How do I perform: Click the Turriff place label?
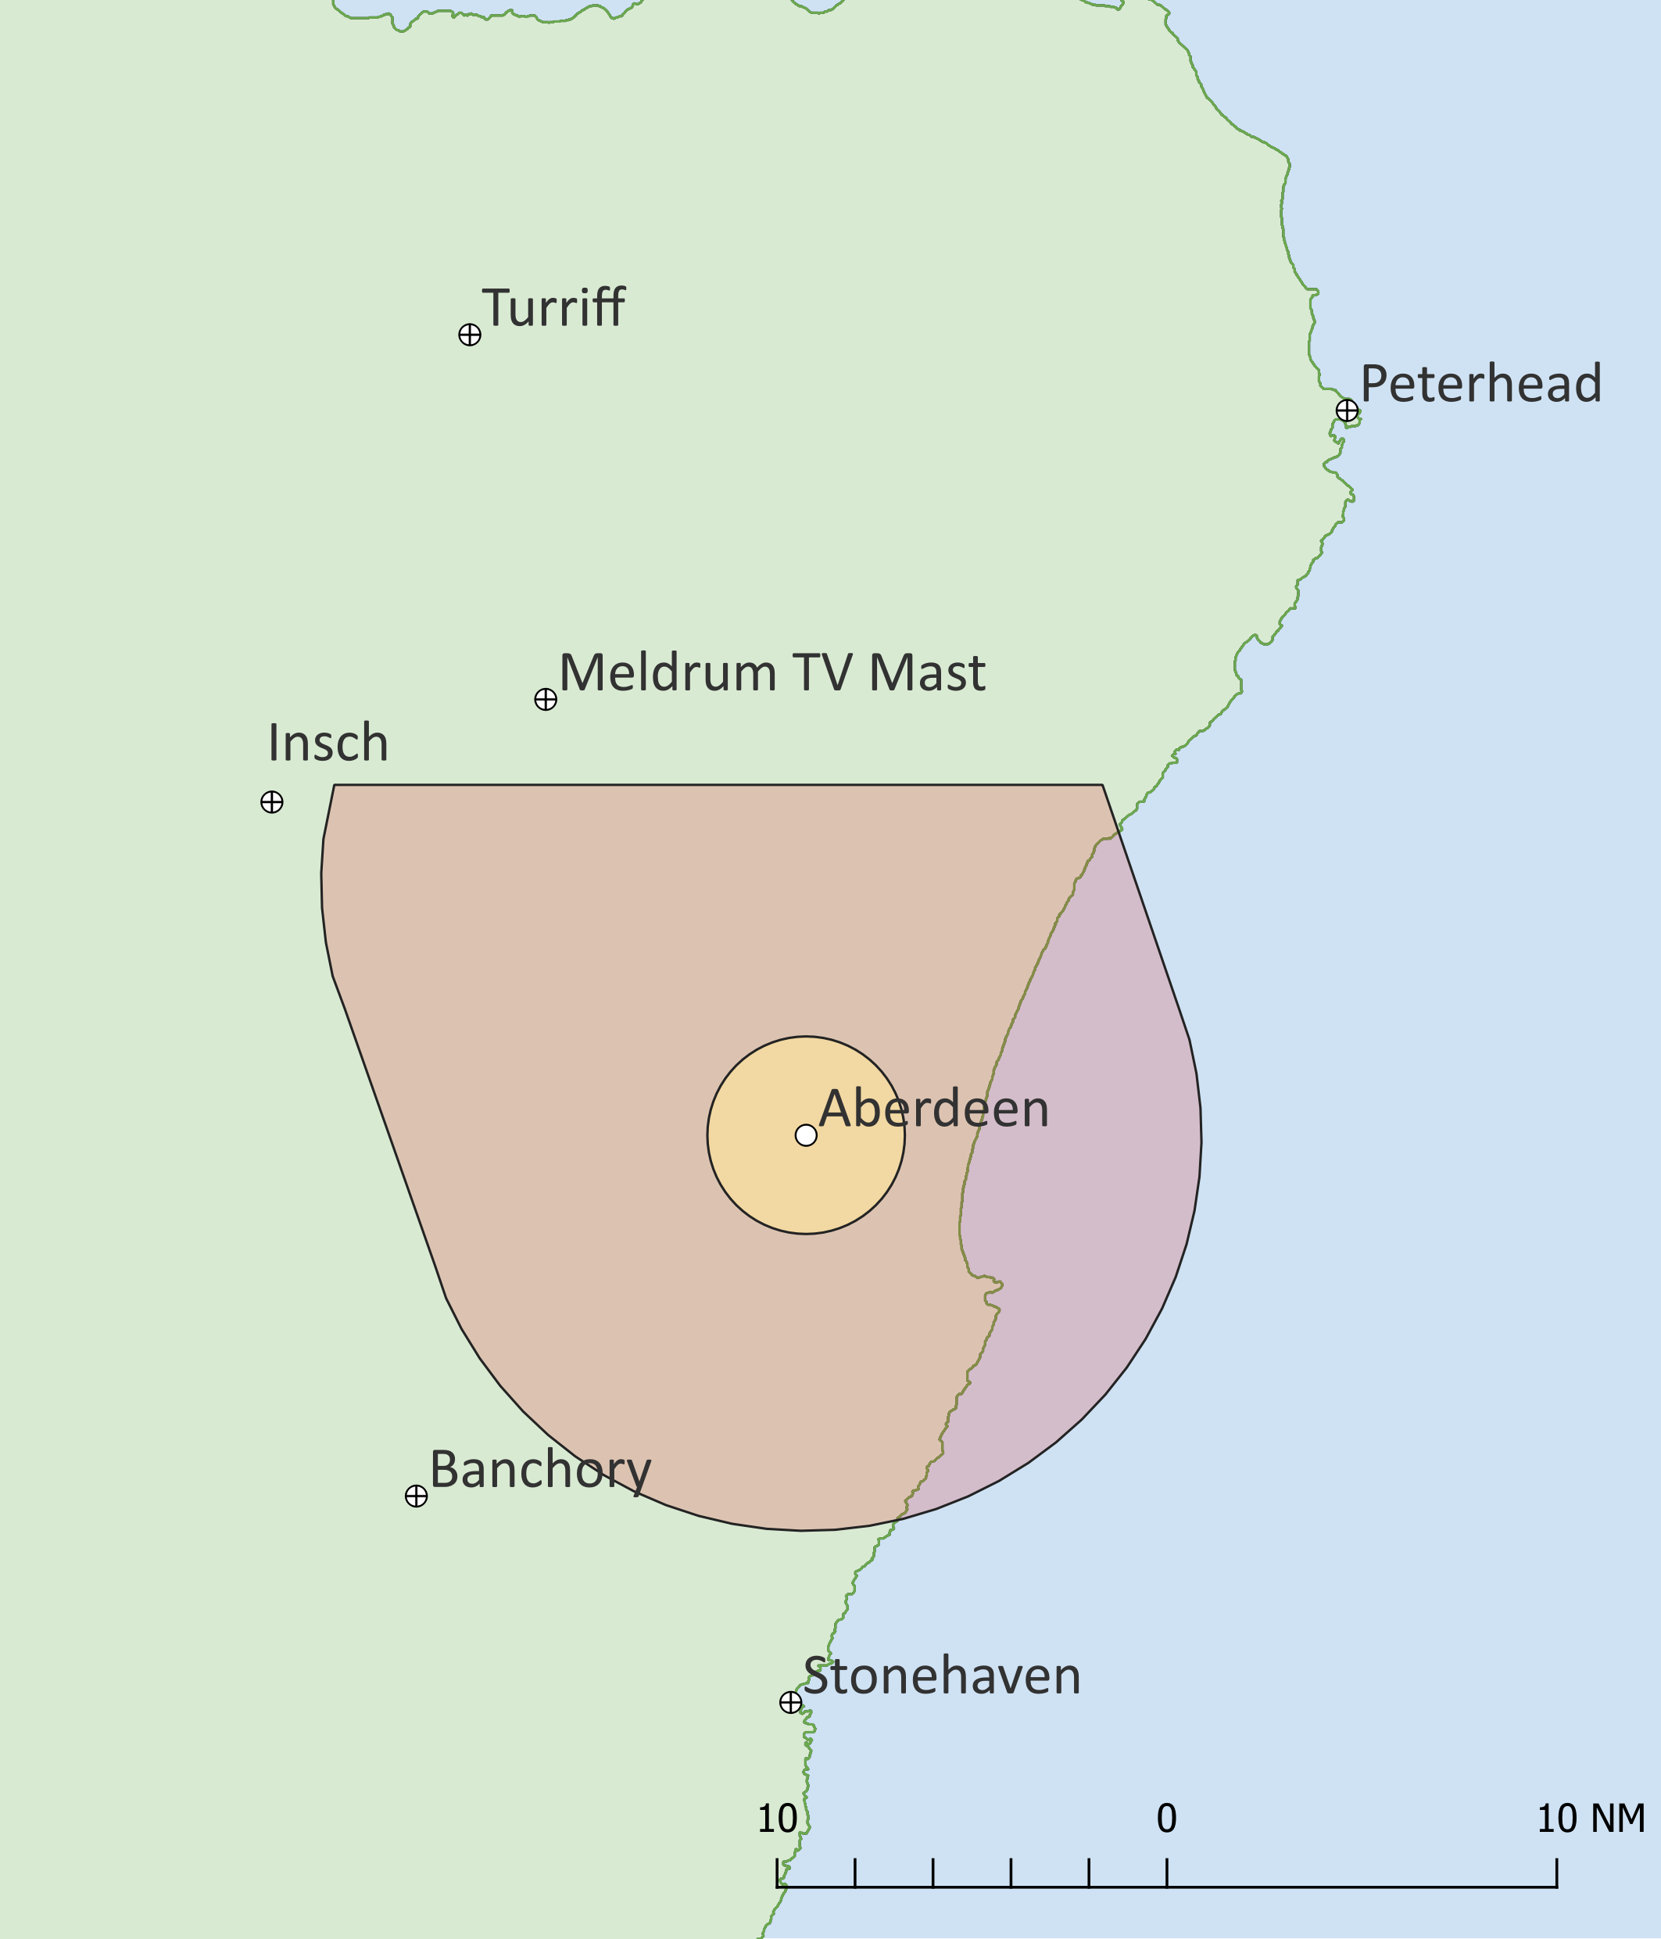tap(553, 308)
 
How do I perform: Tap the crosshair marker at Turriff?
tap(470, 334)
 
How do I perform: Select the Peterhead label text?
tap(1480, 384)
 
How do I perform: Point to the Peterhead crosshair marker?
tap(1347, 410)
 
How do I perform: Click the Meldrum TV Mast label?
tap(772, 673)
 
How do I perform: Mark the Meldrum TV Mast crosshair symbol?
tap(546, 699)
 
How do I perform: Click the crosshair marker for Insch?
tap(271, 802)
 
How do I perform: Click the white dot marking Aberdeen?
tap(806, 1135)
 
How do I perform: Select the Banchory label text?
tap(540, 1469)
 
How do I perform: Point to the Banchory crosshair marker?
tap(417, 1496)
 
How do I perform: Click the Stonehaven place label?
tap(941, 1676)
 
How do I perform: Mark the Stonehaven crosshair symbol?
tap(791, 1702)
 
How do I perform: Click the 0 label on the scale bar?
tap(1166, 1819)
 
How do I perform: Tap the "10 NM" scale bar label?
tap(1591, 1819)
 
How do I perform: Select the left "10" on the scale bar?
tap(777, 1819)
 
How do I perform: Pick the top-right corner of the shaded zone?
tap(1102, 785)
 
